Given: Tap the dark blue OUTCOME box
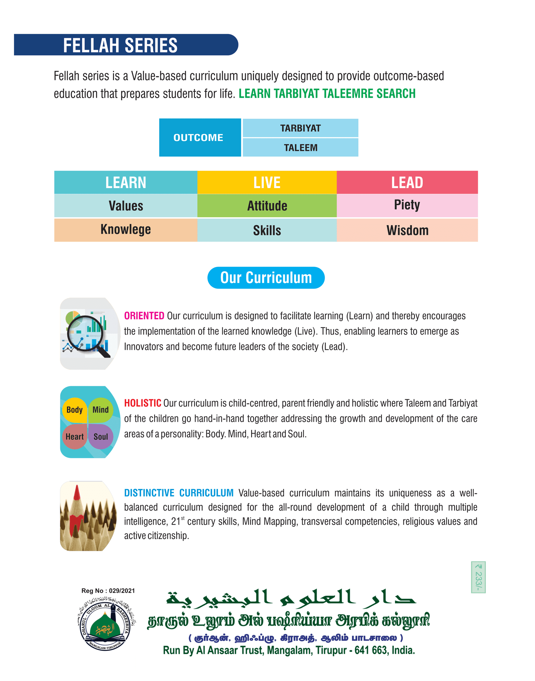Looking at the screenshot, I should [x=200, y=137].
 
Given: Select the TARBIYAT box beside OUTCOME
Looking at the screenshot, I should [x=300, y=128].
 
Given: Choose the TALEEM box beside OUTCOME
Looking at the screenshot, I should [x=300, y=147].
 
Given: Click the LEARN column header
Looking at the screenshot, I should [x=126, y=182].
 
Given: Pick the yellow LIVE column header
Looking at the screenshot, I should [x=267, y=182].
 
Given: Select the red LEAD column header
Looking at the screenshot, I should [x=407, y=182].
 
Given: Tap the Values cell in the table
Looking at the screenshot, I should [x=126, y=206].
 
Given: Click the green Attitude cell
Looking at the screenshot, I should [x=267, y=206].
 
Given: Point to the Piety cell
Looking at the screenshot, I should [x=407, y=205].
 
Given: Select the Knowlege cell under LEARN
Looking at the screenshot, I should [x=126, y=230].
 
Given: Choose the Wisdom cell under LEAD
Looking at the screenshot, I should [x=407, y=230].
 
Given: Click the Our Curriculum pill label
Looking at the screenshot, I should [x=266, y=278].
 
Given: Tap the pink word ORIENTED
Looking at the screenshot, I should [x=144, y=316].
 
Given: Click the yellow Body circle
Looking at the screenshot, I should [x=74, y=410].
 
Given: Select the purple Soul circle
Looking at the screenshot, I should [x=101, y=437].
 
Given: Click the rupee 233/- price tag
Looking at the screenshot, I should [x=478, y=577].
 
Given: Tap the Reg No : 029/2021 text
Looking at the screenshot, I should [x=108, y=591].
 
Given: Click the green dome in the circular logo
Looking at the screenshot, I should [x=105, y=627].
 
